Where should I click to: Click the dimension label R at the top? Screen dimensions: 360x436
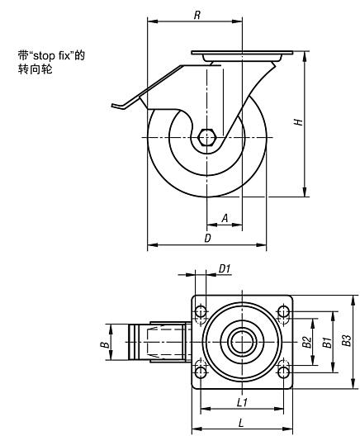coord(197,15)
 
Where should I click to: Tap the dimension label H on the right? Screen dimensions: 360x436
coord(298,121)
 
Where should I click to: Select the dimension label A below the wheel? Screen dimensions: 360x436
coord(225,218)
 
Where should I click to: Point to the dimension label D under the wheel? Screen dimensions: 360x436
coord(207,238)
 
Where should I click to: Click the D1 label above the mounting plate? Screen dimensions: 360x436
coord(225,268)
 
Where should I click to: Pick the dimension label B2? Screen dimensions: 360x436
coord(306,342)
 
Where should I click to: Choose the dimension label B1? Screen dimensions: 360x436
coord(327,343)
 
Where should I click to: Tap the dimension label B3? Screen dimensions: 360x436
coord(347,340)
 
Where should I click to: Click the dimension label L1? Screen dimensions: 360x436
coord(242,402)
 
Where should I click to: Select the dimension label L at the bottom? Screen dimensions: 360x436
coord(241,423)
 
